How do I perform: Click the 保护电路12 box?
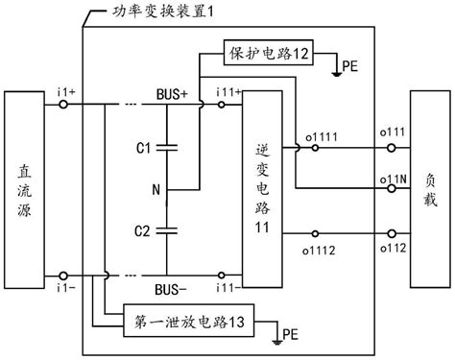[268, 53]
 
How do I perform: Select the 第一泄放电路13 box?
[191, 323]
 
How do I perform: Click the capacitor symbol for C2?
[167, 229]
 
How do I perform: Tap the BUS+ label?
[174, 96]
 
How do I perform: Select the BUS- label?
[174, 287]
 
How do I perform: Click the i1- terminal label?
[66, 287]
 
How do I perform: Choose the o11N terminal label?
[390, 179]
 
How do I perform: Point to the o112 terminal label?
[390, 250]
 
